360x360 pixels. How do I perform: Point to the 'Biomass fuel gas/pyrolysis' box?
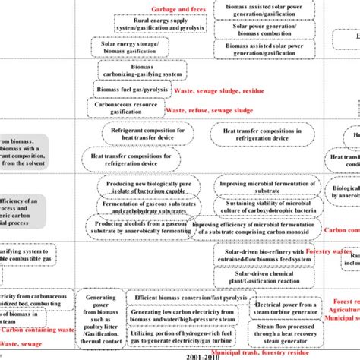click(132, 89)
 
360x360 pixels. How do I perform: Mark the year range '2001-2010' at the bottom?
click(180, 355)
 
